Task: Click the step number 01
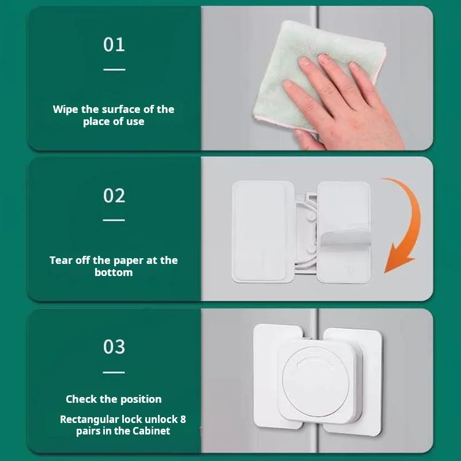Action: click(x=114, y=44)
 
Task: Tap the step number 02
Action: click(x=114, y=196)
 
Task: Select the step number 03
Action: click(x=114, y=347)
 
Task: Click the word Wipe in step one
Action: click(x=65, y=109)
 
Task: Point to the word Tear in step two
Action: click(x=61, y=260)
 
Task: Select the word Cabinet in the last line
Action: click(x=151, y=431)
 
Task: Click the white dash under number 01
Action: click(x=114, y=70)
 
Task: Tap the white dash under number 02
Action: click(x=114, y=220)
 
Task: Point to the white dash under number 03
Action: click(x=114, y=372)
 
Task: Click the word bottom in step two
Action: click(x=114, y=273)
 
